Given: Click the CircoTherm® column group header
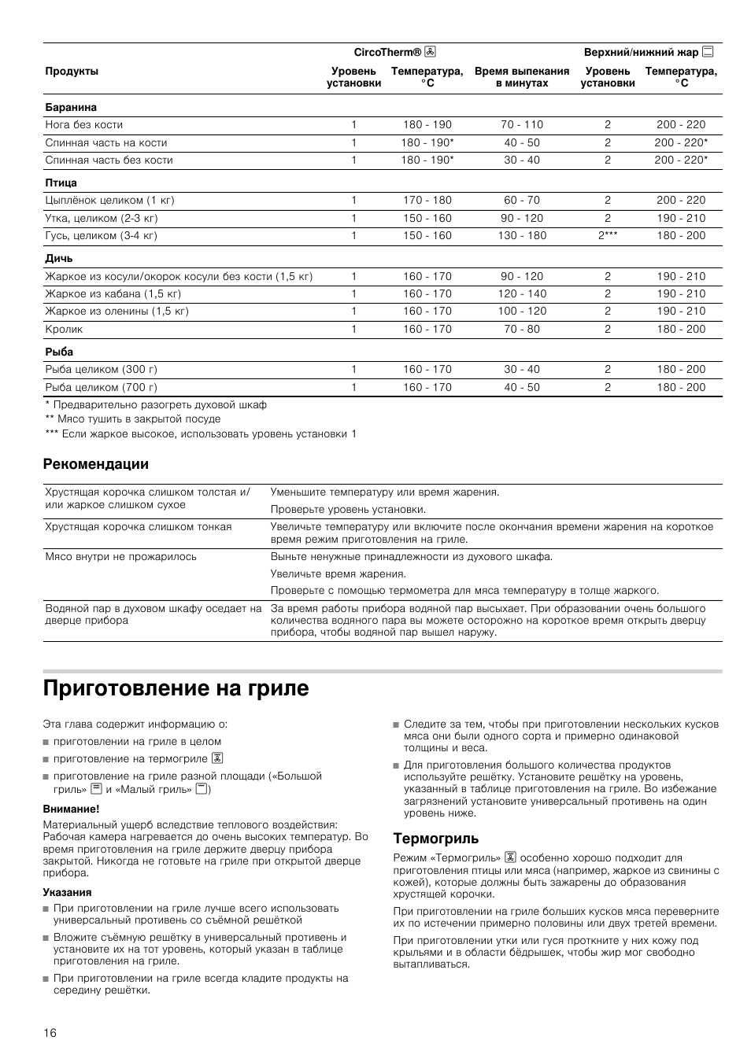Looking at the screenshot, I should (394, 53).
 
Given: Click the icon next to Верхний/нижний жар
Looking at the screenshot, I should (708, 53).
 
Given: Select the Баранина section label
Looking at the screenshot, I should (71, 107).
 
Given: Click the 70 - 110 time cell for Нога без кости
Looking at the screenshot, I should (522, 124).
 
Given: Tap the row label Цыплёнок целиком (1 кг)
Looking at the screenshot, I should (109, 200).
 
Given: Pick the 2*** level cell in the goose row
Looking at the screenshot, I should (607, 235).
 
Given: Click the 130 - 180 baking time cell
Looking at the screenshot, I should (522, 235).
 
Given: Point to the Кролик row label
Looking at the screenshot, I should (64, 329).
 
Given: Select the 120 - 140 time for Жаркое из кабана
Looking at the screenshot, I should (522, 293).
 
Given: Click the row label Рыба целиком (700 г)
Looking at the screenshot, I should (101, 387).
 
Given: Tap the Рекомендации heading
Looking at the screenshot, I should (95, 464).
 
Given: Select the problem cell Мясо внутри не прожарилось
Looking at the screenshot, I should (120, 556).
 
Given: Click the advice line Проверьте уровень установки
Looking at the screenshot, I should (348, 509).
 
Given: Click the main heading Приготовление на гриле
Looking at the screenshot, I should (176, 688).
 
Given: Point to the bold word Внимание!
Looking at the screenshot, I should (72, 808).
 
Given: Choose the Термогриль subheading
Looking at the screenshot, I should (435, 839).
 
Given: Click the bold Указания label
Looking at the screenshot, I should (68, 892).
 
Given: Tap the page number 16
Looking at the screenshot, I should (50, 1033).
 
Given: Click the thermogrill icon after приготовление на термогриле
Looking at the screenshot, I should (217, 758).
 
